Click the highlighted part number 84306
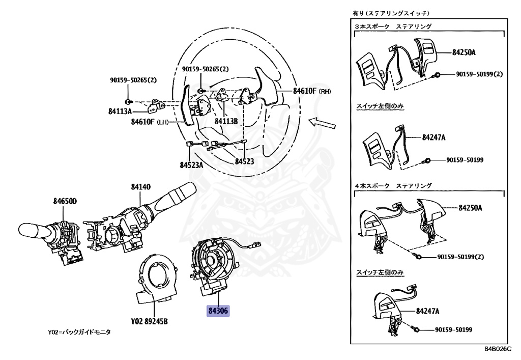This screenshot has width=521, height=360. tap(218, 310)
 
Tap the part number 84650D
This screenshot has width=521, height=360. tap(65, 201)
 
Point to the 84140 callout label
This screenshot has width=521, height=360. tap(141, 187)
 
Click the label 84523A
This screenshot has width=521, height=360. tap(191, 165)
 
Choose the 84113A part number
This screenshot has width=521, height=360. tap(121, 110)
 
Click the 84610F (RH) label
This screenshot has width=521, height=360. tap(312, 91)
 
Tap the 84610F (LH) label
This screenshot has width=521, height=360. tap(150, 122)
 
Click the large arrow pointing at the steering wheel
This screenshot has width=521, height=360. tap(323, 122)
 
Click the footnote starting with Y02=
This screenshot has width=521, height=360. tap(79, 332)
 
